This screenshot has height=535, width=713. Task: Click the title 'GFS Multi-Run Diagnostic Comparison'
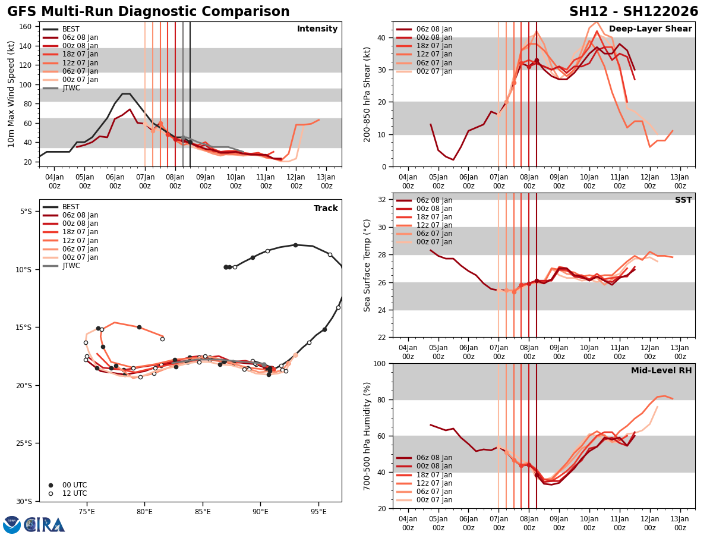[148, 12]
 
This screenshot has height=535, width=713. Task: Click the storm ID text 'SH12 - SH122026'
[633, 12]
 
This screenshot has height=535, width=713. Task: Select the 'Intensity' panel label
[317, 29]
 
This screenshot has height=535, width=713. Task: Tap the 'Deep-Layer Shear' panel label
[650, 29]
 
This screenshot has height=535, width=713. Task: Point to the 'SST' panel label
[683, 200]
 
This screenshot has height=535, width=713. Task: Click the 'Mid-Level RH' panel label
[661, 371]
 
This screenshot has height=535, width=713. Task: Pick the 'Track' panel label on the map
[326, 209]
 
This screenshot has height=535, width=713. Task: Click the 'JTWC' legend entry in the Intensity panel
[71, 88]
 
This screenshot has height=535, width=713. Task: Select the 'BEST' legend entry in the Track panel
[71, 207]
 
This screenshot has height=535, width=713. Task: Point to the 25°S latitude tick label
[24, 443]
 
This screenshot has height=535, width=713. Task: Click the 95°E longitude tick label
[318, 511]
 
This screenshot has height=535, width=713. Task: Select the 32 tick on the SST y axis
[383, 200]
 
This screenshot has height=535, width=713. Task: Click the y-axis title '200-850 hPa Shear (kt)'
[368, 94]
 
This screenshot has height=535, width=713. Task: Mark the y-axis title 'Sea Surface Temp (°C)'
[368, 265]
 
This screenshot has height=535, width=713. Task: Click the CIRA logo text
[45, 524]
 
